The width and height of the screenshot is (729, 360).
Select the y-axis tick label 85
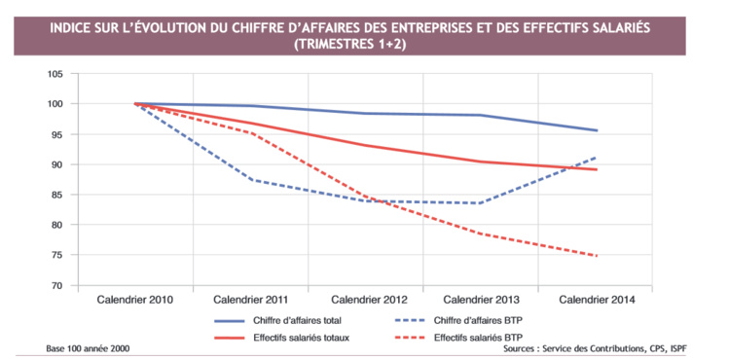[55, 195]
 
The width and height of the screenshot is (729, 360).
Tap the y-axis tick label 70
[55, 286]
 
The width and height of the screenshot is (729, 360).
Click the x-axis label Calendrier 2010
[135, 301]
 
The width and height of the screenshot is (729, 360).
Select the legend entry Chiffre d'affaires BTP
[504, 319]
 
